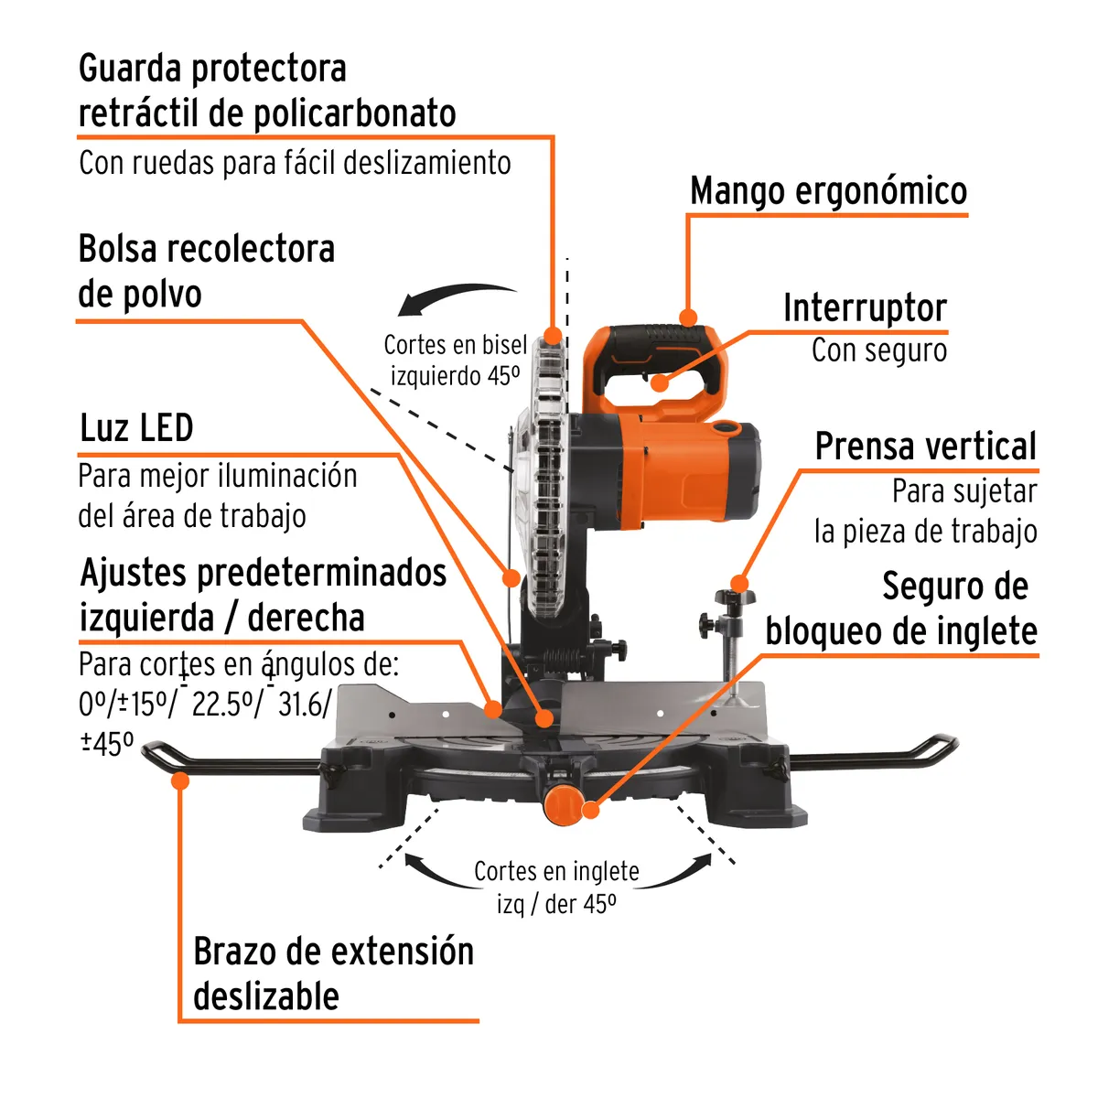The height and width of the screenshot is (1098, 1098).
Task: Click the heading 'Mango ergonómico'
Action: pos(828,191)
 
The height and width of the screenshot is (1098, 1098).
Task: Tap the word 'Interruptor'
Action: pos(865,308)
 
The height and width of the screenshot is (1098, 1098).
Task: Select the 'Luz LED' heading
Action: pos(136,428)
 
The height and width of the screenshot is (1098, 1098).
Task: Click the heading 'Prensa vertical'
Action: pos(925,447)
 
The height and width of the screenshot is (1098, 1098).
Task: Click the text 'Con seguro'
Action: pos(879,350)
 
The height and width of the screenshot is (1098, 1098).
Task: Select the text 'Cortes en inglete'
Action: pos(556,871)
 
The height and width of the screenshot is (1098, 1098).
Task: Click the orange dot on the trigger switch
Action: pos(660,382)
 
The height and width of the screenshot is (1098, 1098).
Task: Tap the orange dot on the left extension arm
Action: pos(180,780)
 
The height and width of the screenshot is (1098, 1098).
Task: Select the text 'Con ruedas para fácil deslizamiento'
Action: pos(295,163)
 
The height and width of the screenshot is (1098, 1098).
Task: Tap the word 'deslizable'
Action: pos(266,996)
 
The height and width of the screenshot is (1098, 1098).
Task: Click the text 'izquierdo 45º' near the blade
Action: pos(455,376)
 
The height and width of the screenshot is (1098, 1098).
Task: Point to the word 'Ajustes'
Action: pos(134,574)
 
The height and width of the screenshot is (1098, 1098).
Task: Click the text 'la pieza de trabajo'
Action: pos(925,532)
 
